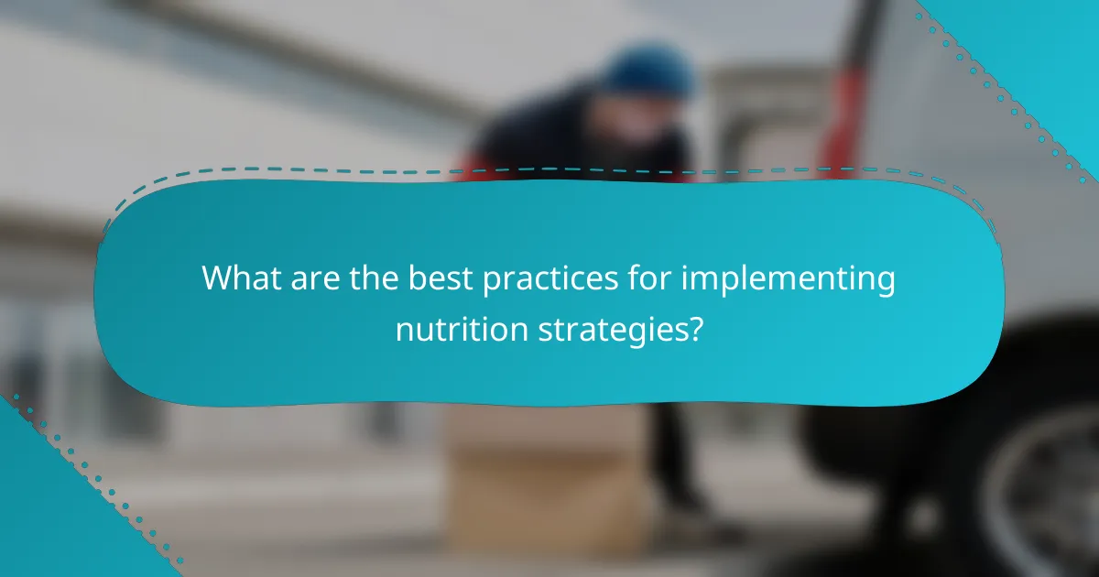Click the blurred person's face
pos(632,114)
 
